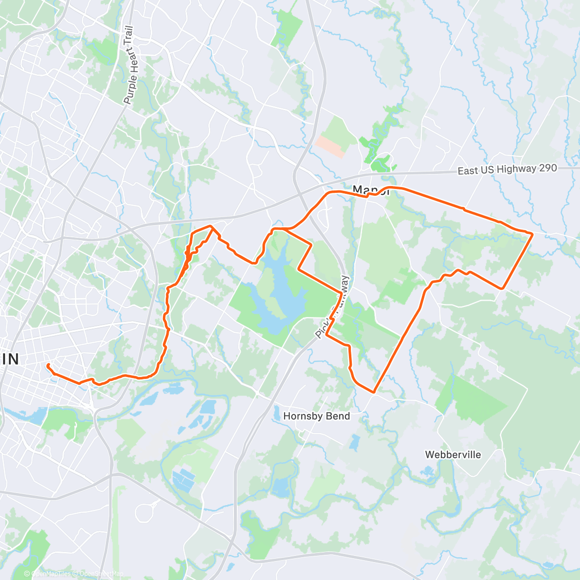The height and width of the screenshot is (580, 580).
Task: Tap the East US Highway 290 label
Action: click(507, 169)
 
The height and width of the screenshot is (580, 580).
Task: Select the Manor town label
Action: click(371, 190)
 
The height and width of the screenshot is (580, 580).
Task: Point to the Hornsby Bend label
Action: click(317, 416)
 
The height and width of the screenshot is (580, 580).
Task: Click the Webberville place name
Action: click(453, 455)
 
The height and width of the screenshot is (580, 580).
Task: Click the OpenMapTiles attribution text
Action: click(51, 574)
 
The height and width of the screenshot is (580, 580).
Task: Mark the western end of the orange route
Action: click(47, 365)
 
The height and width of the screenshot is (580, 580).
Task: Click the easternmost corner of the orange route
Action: click(532, 234)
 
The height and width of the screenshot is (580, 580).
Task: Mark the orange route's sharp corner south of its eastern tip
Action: click(503, 289)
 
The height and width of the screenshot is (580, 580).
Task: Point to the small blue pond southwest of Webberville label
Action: click(427, 471)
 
